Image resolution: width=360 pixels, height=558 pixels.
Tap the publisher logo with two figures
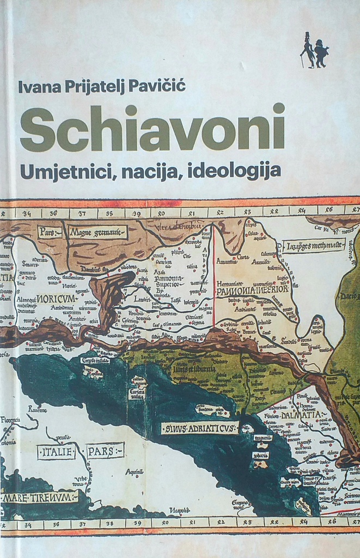[x=315, y=51]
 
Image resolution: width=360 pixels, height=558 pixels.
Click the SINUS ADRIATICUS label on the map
[x=199, y=428]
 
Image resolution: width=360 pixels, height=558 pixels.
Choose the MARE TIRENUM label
[x=40, y=497]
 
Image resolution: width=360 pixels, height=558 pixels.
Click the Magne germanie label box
[x=97, y=233]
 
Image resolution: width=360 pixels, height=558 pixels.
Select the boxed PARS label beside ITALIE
[x=104, y=451]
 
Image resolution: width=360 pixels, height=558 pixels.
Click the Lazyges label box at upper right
[x=314, y=246]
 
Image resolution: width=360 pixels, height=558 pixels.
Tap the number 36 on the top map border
[x=53, y=213]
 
